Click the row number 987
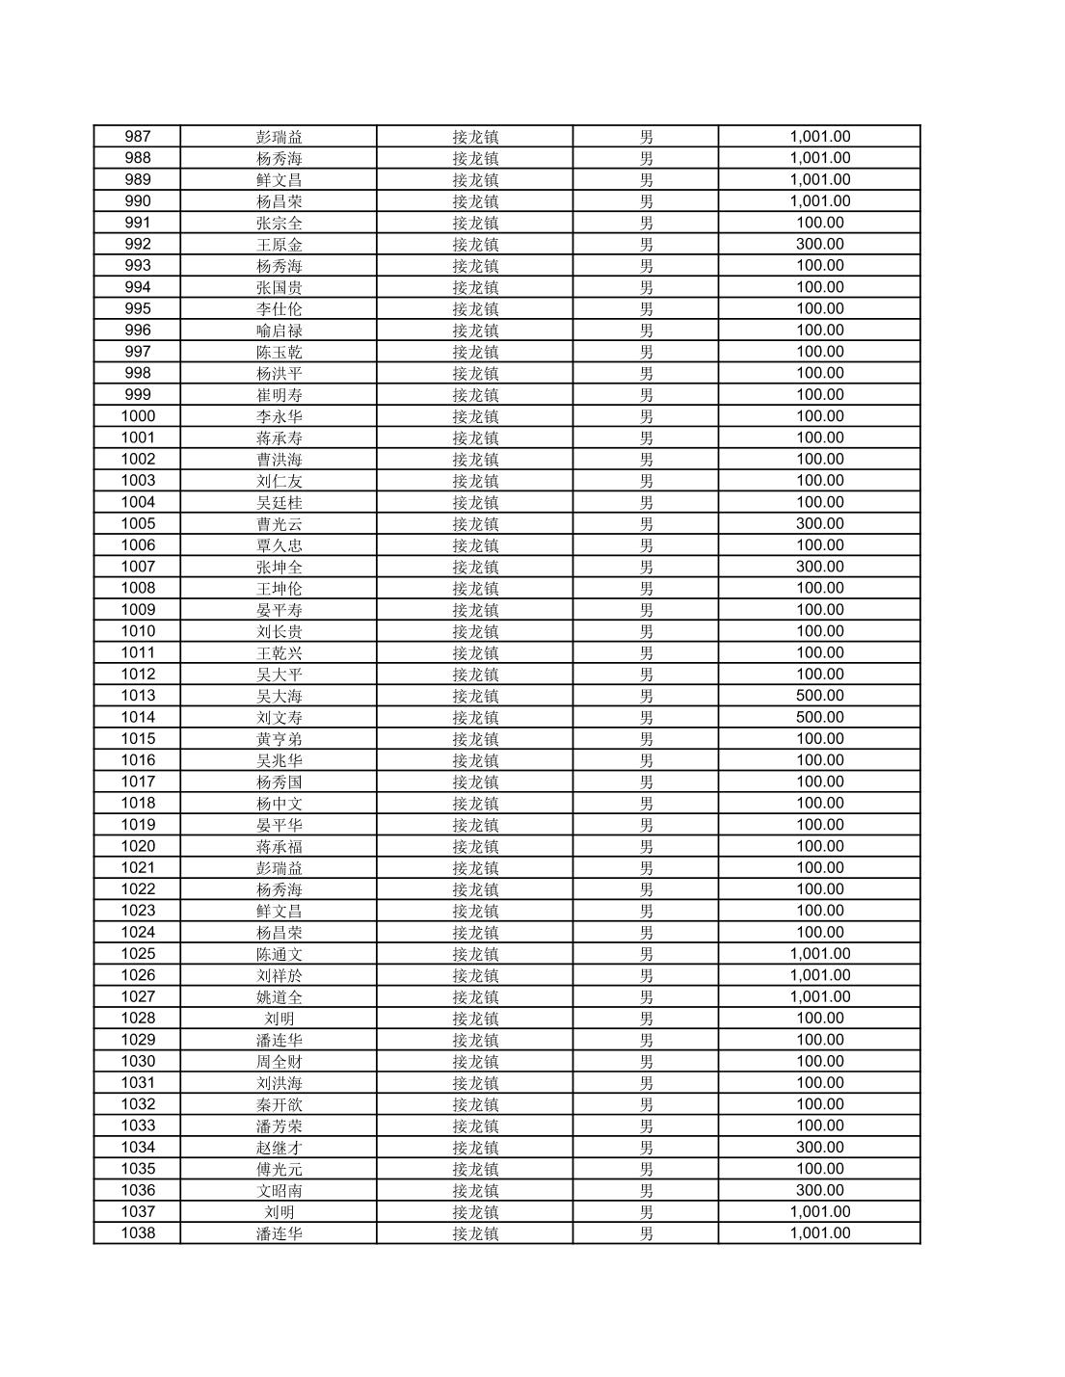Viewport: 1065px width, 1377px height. [x=138, y=137]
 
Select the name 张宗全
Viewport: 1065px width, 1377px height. [x=280, y=223]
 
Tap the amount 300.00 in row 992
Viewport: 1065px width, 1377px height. [x=819, y=244]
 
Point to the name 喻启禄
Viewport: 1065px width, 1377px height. [x=280, y=331]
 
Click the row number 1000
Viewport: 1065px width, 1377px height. [x=138, y=416]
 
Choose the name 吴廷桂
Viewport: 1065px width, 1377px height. [x=280, y=502]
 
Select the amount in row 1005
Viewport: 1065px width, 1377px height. [x=819, y=523]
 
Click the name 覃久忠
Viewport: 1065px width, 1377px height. [x=280, y=545]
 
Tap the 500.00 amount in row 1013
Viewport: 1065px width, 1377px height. [x=819, y=696]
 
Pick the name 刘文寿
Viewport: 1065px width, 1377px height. [x=280, y=717]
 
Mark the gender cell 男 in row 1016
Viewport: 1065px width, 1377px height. [x=646, y=760]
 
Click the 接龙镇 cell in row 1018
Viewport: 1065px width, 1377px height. [x=475, y=803]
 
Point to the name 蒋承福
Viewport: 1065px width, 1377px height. [x=280, y=846]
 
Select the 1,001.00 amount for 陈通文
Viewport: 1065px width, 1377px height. [x=819, y=954]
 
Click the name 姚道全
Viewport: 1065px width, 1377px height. [x=280, y=996]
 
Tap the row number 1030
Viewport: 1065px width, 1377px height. [x=138, y=1061]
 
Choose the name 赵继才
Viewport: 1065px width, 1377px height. [x=280, y=1148]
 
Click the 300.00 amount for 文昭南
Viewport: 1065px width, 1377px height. [x=819, y=1190]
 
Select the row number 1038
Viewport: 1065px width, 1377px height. [x=138, y=1233]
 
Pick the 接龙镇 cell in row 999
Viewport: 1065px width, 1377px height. [x=475, y=395]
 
